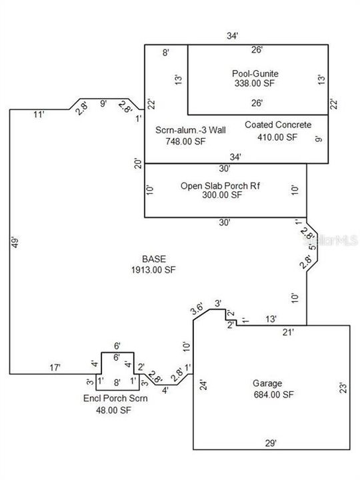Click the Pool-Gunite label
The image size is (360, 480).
(x=255, y=74)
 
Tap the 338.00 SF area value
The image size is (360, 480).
(x=255, y=83)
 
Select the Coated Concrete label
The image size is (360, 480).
(x=278, y=125)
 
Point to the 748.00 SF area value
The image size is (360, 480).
(x=185, y=141)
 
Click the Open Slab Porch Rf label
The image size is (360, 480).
(x=220, y=186)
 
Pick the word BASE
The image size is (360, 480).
(x=154, y=259)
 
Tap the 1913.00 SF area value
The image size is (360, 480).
(x=153, y=270)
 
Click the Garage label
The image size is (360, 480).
(x=267, y=383)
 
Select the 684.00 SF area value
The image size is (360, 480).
(x=274, y=395)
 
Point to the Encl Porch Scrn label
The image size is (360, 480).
(x=115, y=399)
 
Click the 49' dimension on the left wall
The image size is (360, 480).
(x=15, y=242)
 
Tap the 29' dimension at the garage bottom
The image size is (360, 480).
(x=271, y=443)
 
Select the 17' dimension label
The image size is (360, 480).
(x=55, y=367)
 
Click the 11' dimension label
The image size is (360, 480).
(x=39, y=115)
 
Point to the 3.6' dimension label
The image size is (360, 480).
(x=197, y=309)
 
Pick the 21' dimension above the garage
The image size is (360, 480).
(x=288, y=332)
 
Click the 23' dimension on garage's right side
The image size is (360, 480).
(x=343, y=387)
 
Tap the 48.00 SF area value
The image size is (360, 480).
(x=113, y=410)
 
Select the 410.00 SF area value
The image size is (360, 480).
(x=277, y=137)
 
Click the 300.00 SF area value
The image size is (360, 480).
(x=222, y=195)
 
